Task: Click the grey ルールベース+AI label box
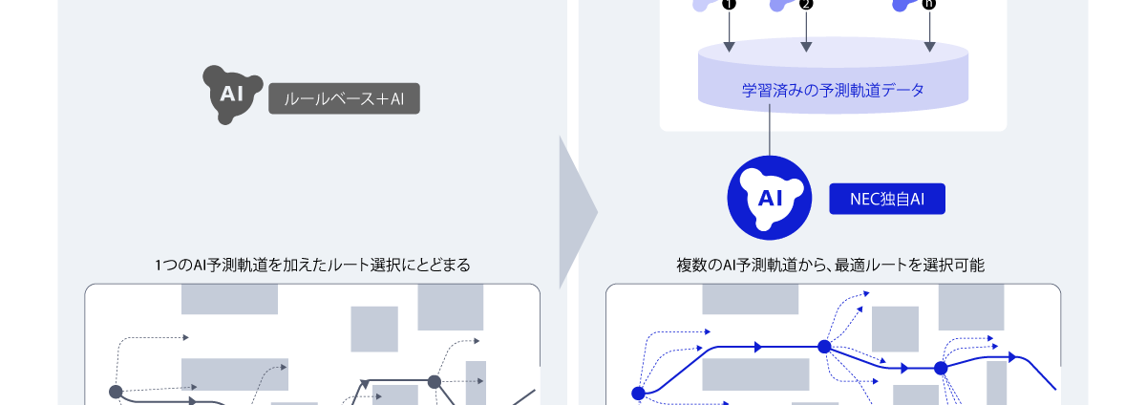[x=344, y=98]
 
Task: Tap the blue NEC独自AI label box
[x=887, y=199]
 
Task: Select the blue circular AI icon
[x=770, y=198]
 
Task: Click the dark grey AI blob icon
[x=232, y=95]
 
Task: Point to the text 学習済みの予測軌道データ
[x=833, y=90]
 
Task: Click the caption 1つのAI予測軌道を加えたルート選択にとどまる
[x=312, y=265]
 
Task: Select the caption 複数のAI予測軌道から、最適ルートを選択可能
[x=830, y=265]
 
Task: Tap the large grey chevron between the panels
[x=578, y=212]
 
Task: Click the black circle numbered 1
[x=729, y=4]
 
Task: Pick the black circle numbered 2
[x=806, y=4]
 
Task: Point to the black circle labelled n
[x=929, y=4]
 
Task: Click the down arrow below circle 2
[x=806, y=32]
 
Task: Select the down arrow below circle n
[x=929, y=32]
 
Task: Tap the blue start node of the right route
[x=639, y=394]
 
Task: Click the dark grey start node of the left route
[x=117, y=392]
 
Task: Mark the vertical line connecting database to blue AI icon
[x=770, y=130]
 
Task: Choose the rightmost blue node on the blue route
[x=941, y=368]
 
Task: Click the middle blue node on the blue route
[x=824, y=347]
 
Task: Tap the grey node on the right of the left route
[x=435, y=381]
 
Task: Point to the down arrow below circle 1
[x=730, y=32]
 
